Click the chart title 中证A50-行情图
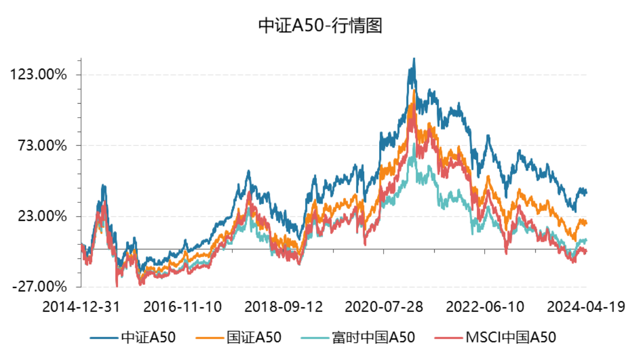(320, 26)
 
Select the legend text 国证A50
(254, 337)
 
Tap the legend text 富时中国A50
(373, 337)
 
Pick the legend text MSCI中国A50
(511, 337)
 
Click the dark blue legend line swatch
(104, 337)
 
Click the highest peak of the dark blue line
(414, 59)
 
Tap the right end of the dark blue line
(586, 193)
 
